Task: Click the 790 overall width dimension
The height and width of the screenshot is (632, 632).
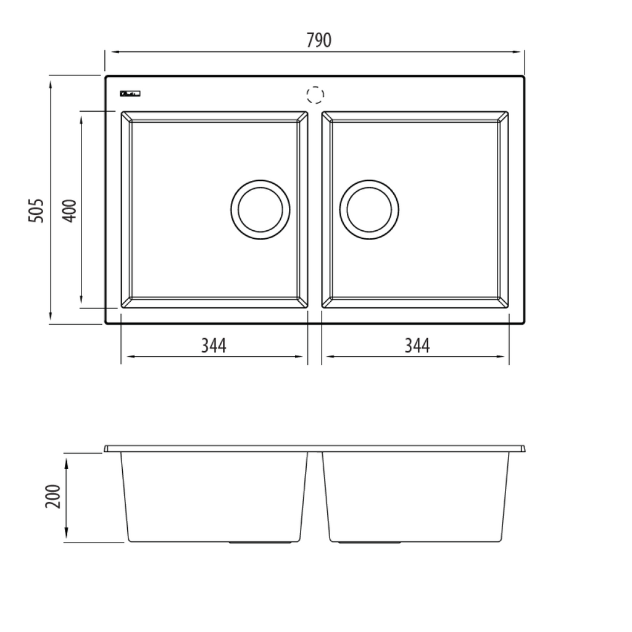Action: click(x=318, y=40)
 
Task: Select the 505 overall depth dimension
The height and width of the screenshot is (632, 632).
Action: click(x=37, y=210)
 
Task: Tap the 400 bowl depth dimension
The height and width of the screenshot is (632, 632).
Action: click(x=69, y=210)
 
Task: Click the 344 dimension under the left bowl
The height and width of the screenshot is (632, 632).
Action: click(x=214, y=346)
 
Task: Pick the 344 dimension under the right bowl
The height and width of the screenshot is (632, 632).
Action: click(x=417, y=346)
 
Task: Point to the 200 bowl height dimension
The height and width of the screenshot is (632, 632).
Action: click(x=54, y=496)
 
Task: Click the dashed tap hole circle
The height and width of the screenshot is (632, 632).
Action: click(x=315, y=95)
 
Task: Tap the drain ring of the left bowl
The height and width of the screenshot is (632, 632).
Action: click(x=260, y=209)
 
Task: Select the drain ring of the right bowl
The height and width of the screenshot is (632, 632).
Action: click(x=369, y=209)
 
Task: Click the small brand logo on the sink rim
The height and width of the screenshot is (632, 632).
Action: click(x=131, y=94)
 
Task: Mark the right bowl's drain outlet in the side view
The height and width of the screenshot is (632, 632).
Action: click(x=370, y=543)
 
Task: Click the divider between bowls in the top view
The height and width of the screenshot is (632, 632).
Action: click(x=315, y=210)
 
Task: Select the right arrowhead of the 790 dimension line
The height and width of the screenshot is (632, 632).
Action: click(x=521, y=52)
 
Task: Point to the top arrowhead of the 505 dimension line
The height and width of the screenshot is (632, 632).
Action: click(x=50, y=80)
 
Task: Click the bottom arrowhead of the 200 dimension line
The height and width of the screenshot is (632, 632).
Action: click(x=66, y=539)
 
